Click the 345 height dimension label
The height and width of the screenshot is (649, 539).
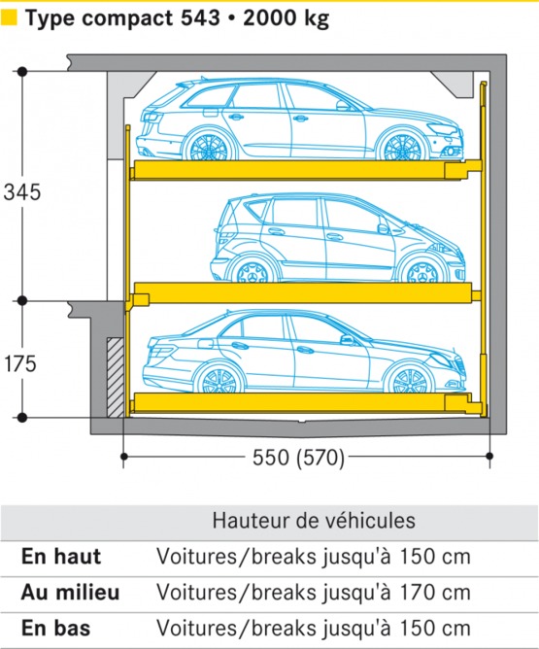21,191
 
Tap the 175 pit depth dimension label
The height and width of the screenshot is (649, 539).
21,363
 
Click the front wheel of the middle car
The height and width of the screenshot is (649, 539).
423,271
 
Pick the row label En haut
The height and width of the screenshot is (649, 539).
60,557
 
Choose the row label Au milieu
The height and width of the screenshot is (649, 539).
68,592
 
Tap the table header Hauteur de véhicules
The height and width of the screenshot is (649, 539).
314,521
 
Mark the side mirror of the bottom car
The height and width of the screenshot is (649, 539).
347,340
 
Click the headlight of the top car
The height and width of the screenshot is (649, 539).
439,128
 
